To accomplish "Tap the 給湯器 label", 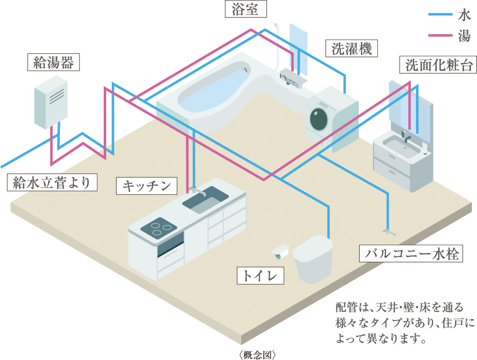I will tap(54, 62).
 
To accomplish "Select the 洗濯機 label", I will tap(349, 49).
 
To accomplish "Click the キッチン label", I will tap(146, 185).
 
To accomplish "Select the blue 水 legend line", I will tap(439, 15).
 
